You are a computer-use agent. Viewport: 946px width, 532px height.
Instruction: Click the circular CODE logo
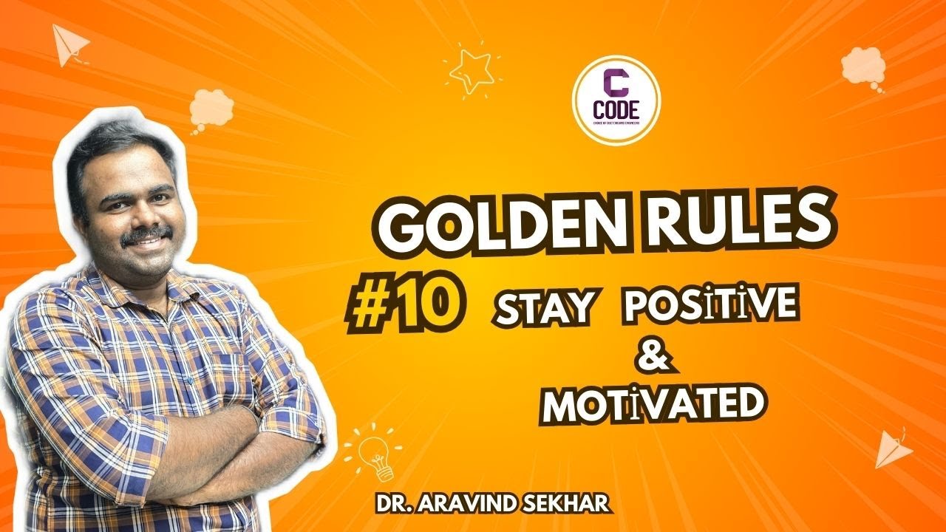(x=616, y=100)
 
